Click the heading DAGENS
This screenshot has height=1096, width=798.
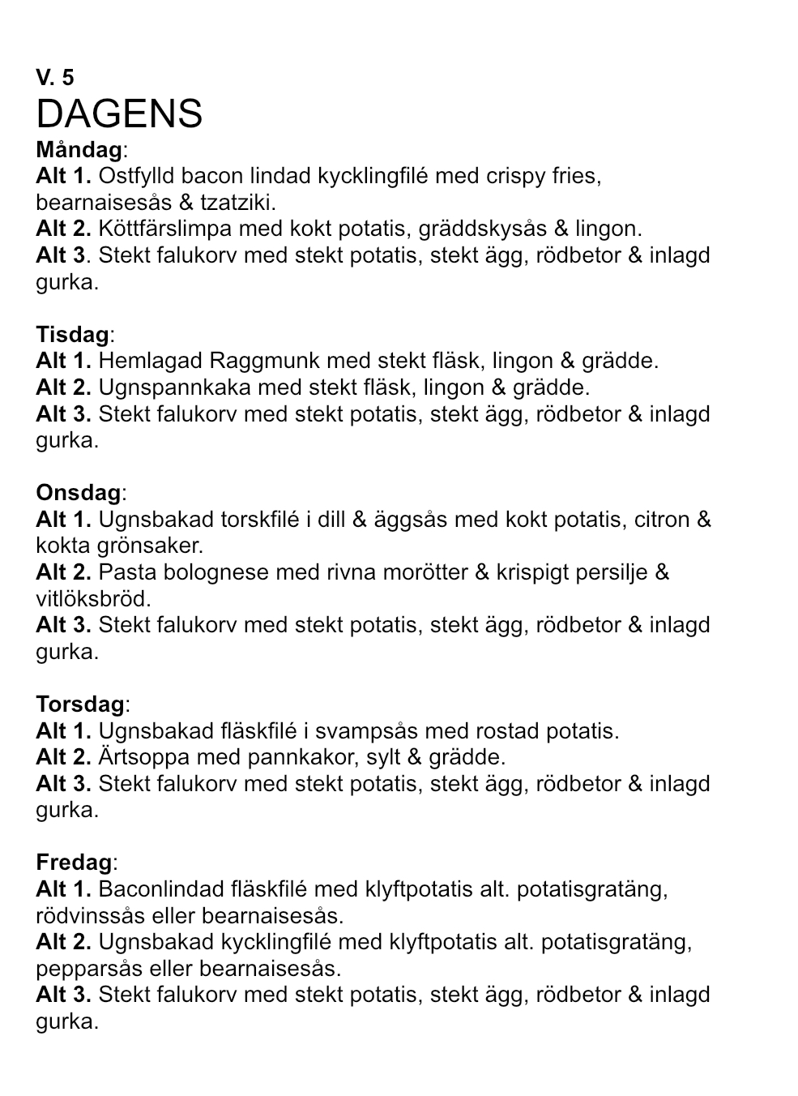coord(119,114)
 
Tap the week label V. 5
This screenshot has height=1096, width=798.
coord(54,78)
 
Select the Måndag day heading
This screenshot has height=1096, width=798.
coord(79,150)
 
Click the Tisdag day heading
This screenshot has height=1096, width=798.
coord(72,335)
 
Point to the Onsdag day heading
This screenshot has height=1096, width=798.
coord(79,493)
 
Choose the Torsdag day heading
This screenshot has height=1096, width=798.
coord(80,704)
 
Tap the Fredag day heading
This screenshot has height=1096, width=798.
coord(74,863)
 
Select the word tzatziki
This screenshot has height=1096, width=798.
coord(241,203)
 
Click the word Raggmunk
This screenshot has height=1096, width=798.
coord(258,361)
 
